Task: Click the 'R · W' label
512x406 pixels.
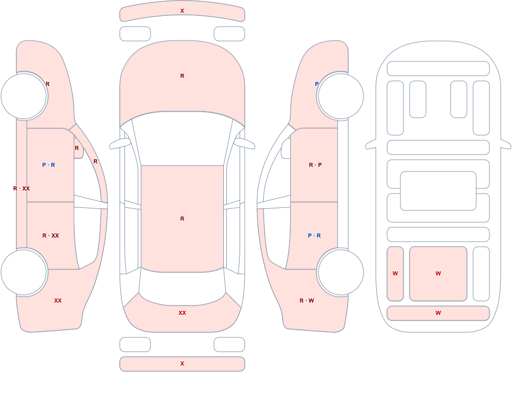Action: pos(307,301)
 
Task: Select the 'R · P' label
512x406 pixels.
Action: pos(315,165)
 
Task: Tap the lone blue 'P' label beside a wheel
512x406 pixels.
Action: pos(316,84)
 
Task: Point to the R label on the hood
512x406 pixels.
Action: pos(182,76)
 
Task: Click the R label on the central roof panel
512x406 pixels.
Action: pos(182,219)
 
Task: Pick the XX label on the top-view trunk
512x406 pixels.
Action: pos(182,313)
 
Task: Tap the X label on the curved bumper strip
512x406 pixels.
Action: pos(182,11)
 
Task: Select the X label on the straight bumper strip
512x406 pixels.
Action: pos(182,364)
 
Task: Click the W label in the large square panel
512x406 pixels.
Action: pos(438,273)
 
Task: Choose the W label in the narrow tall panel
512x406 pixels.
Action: pos(395,273)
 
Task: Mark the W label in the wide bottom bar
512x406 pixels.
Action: pos(438,313)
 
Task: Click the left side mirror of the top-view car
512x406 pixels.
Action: pos(120,144)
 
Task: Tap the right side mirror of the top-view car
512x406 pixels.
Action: pos(244,144)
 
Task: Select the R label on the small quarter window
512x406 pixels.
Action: pos(77,148)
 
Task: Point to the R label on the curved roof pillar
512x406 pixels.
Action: pos(95,161)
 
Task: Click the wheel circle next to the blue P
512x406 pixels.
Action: pos(340,96)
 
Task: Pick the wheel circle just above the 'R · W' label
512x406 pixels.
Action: pos(340,272)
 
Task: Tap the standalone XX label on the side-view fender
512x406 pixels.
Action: pos(58,301)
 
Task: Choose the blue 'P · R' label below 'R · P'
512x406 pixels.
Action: pos(314,236)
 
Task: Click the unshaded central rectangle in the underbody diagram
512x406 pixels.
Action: pos(438,191)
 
